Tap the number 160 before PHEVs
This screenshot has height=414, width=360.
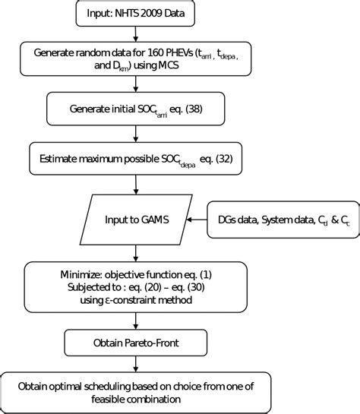pyautogui.click(x=156, y=53)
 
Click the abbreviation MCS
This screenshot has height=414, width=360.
pyautogui.click(x=169, y=65)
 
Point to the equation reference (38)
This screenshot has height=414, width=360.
pyautogui.click(x=194, y=109)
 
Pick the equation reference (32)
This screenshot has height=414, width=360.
pyautogui.click(x=224, y=159)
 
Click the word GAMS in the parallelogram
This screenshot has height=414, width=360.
pyautogui.click(x=155, y=220)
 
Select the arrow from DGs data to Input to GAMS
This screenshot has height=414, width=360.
pyautogui.click(x=197, y=220)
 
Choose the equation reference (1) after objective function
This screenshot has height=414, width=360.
pyautogui.click(x=206, y=275)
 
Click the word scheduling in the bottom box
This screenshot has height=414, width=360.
pyautogui.click(x=107, y=387)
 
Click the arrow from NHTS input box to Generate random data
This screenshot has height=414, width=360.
pyautogui.click(x=135, y=34)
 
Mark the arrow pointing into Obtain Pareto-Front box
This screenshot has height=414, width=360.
pyautogui.click(x=135, y=321)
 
